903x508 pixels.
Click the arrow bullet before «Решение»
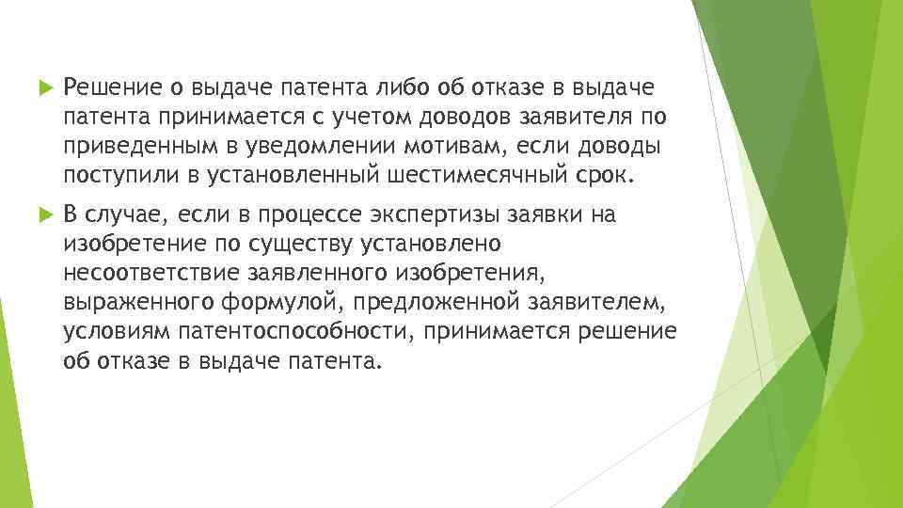pos(40,89)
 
